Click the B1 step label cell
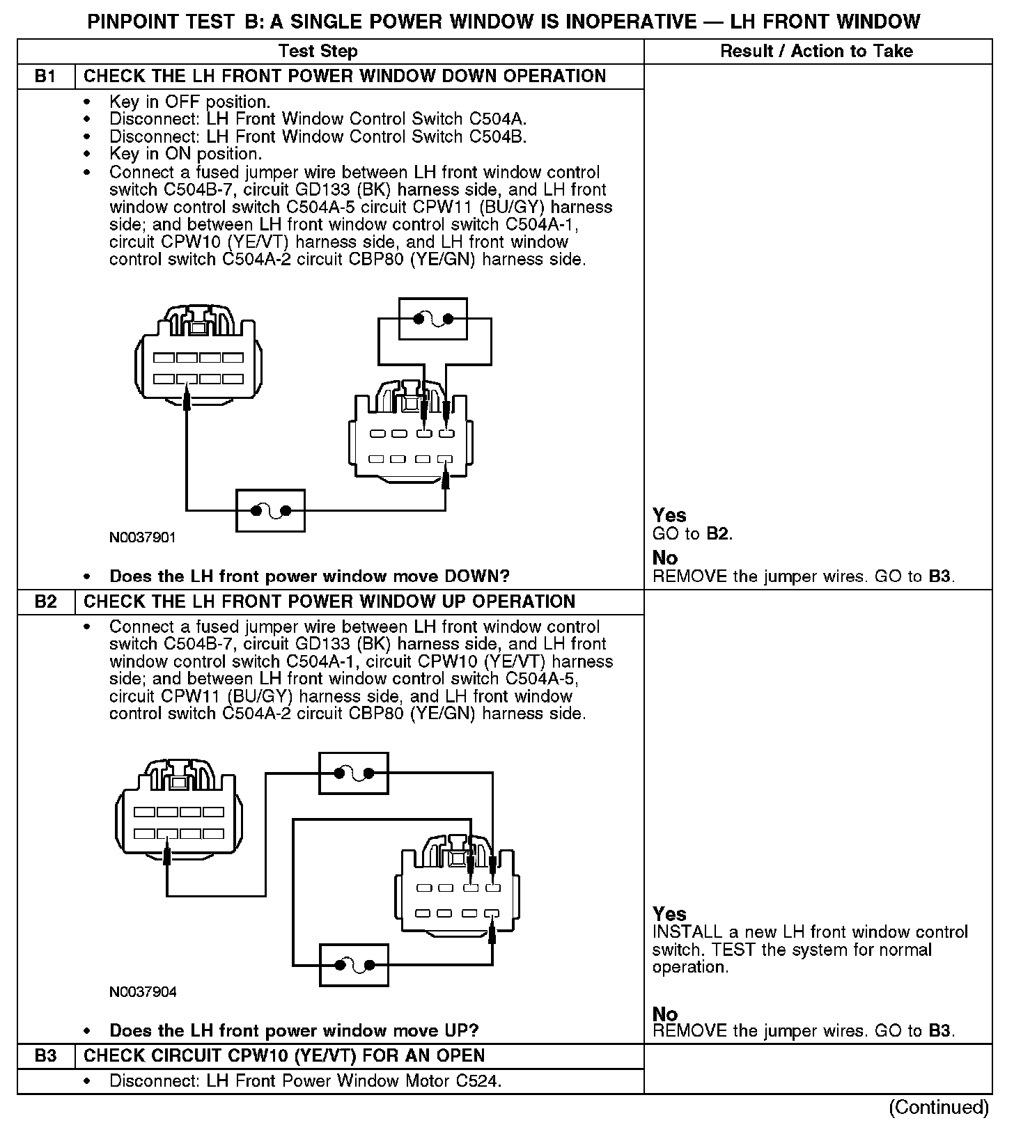(x=45, y=76)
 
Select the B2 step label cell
(x=45, y=601)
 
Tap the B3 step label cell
(x=45, y=1055)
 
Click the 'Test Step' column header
(x=318, y=51)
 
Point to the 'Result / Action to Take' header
(x=816, y=51)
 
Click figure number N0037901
(x=143, y=537)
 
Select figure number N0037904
(x=143, y=992)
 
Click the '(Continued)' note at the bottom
(x=938, y=1107)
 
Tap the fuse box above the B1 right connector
(x=432, y=319)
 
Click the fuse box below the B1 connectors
(x=270, y=511)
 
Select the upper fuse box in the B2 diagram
(x=353, y=773)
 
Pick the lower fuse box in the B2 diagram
(x=353, y=965)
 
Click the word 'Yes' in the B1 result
(x=669, y=515)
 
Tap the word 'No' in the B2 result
(x=665, y=1014)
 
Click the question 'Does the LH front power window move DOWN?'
(x=309, y=576)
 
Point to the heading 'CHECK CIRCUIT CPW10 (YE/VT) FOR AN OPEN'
(x=284, y=1055)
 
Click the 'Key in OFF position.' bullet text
(x=189, y=102)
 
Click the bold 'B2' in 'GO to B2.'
(x=719, y=534)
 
